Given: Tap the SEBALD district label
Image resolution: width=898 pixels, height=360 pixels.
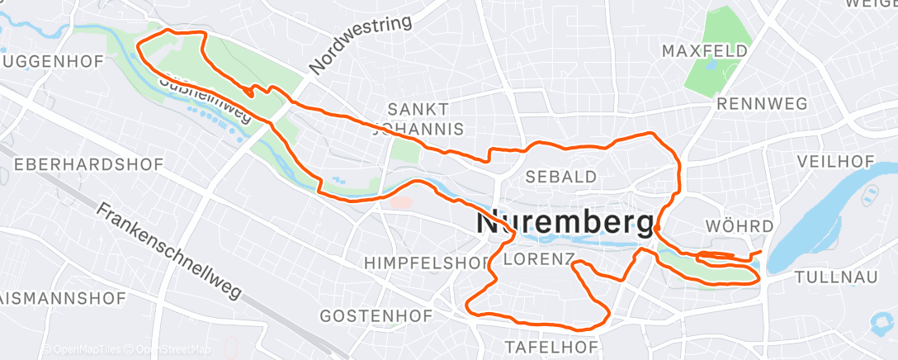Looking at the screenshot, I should tap(561, 177).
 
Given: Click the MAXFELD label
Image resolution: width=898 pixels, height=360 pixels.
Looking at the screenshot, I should tap(704, 51).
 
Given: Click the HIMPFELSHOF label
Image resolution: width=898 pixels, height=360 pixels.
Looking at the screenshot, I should tap(427, 263).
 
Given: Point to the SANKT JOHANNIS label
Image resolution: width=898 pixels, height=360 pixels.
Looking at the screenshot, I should tap(418, 119).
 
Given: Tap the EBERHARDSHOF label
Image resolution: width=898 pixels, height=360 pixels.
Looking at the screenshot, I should tap(88, 164).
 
